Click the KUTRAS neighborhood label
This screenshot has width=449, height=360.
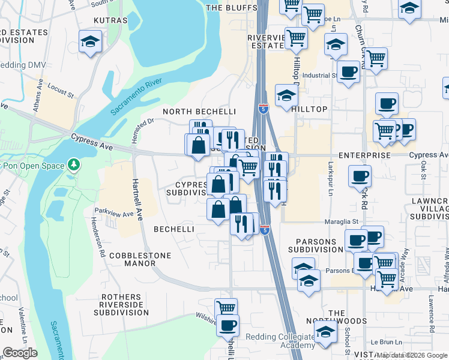coord(111,20)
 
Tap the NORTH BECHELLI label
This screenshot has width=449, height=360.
coord(199,112)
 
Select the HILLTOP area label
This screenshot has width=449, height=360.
coord(309,109)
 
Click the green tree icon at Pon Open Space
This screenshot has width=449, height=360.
coord(73,164)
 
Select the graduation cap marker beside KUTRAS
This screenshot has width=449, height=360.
coord(90,42)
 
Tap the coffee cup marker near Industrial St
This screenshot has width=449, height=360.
coord(348,72)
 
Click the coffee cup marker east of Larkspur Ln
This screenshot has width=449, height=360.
coord(360,176)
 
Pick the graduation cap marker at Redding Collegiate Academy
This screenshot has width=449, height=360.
coord(325,332)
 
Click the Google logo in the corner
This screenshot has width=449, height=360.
coord(19,353)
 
